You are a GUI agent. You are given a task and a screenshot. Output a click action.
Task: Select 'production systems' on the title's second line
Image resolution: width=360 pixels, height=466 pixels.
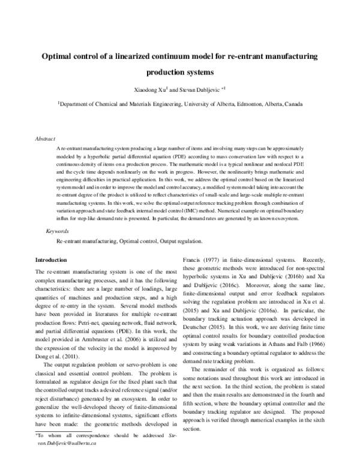(179, 72)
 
